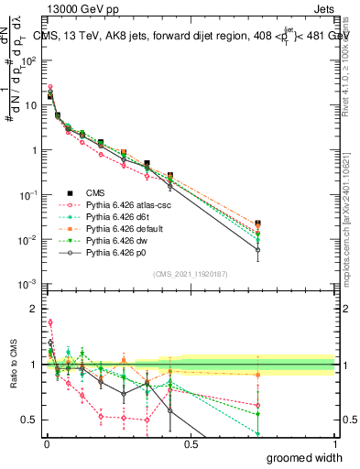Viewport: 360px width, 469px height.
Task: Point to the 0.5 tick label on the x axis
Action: click(191, 442)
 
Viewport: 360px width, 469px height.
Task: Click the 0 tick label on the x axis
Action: click(46, 442)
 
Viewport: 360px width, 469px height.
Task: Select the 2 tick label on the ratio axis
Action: click(33, 309)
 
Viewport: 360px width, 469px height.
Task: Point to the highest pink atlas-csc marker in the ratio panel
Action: click(50, 322)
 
